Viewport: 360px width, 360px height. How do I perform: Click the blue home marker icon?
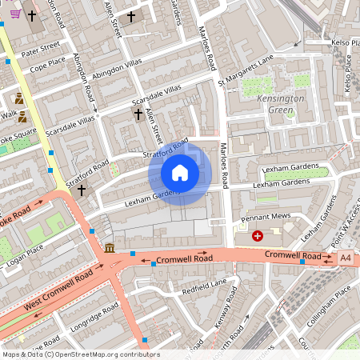180,172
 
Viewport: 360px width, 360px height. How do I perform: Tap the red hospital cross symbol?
258,235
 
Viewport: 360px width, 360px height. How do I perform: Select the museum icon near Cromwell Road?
109,248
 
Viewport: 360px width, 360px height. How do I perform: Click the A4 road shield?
345,258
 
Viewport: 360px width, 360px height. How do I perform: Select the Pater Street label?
41,50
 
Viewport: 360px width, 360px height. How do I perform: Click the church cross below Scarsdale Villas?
138,114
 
